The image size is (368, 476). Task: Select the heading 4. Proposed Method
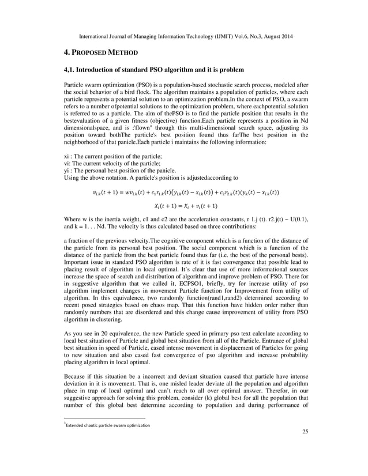click(101, 53)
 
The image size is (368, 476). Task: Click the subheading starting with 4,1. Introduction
click(149, 70)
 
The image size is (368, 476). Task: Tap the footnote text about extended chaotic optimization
click(108, 425)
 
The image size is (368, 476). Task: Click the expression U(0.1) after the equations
click(293, 220)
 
